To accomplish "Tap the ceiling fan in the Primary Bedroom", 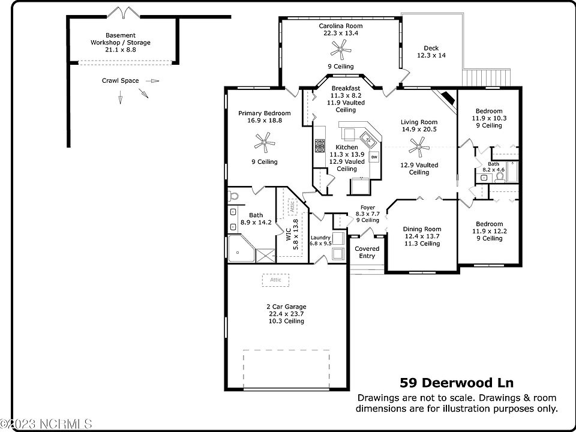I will [264, 142].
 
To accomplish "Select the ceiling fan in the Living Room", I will [419, 145].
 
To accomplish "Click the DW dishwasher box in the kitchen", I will [374, 157].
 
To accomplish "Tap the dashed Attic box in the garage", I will [275, 280].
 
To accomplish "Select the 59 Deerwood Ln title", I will [457, 382].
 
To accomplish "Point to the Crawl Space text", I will [120, 80].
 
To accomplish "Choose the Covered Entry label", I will [367, 252].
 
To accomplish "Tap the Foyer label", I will [367, 214].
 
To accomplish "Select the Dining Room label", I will [422, 236].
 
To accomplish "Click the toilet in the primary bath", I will [234, 196].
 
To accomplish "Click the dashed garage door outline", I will [286, 368].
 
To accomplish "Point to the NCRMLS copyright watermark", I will [46, 425].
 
